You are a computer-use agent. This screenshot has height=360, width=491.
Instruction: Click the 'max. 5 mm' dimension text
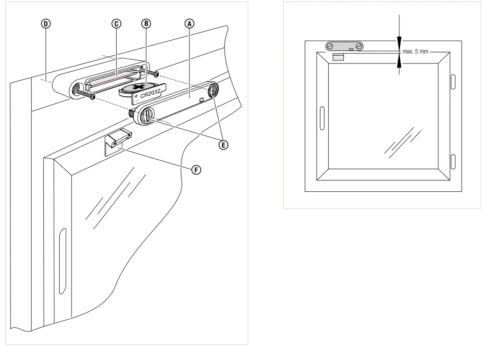pos(415,52)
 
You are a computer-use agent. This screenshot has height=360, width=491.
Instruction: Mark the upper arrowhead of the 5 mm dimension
pos(399,43)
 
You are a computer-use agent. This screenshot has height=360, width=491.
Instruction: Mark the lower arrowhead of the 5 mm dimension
pos(399,63)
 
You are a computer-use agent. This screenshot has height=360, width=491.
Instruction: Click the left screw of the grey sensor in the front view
pos(330,46)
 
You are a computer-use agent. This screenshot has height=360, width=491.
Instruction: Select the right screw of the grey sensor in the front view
pos(359,46)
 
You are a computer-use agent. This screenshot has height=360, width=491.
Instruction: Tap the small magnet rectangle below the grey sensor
pos(338,57)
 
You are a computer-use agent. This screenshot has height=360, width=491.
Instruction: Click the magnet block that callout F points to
pos(116,139)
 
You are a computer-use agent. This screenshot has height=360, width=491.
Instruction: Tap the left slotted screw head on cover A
pos(146,115)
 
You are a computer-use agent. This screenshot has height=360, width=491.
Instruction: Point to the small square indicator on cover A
pos(201,100)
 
